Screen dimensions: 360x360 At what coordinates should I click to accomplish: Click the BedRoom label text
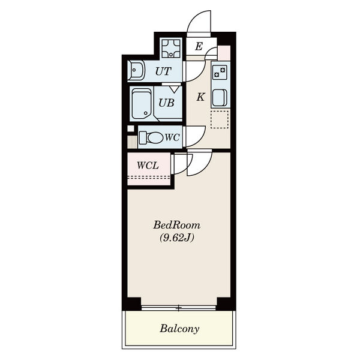pos(176,225)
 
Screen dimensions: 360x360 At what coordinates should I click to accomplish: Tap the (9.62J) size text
pos(177,238)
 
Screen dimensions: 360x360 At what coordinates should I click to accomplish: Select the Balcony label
pos(179,329)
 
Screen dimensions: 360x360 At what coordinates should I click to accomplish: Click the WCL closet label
pos(148,166)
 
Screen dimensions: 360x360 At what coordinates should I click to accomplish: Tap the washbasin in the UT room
pos(136,70)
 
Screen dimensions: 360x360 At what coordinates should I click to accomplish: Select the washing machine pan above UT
pos(171,49)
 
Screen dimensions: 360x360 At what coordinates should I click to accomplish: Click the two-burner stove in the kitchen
pos(220,72)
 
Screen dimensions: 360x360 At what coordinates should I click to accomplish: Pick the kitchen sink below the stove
pos(220,98)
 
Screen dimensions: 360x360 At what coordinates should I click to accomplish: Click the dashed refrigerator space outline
pos(220,119)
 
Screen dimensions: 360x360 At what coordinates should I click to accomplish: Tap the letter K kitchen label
pos(200,97)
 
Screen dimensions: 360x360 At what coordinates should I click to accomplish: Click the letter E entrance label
pos(199,47)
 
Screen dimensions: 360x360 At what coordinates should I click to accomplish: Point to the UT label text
pos(163,71)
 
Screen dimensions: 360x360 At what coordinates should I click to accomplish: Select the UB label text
pos(166,103)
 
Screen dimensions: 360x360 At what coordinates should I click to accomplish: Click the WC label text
pos(172,137)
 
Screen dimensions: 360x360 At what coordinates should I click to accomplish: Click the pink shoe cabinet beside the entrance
pos(224,53)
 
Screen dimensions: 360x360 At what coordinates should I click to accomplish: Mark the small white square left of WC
pos(131,128)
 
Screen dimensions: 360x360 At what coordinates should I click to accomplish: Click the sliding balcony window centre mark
pos(179,308)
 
